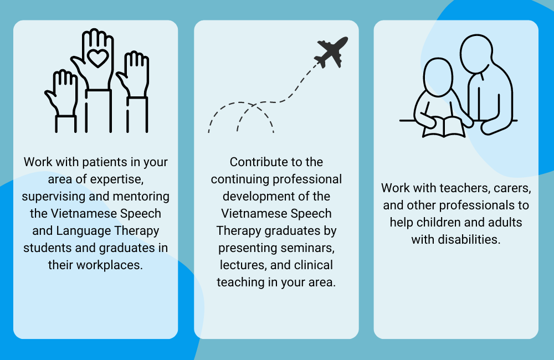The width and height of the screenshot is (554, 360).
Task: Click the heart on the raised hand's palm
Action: pos(98,58)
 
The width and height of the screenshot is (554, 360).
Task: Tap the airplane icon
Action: pos(331,52)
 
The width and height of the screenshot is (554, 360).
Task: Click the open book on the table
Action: pos(444,127)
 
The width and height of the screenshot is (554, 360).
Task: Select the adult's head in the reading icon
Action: pos(476,54)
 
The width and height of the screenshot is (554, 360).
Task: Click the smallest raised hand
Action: pos(61,101)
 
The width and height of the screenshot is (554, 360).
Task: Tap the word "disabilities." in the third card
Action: pos(469,239)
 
